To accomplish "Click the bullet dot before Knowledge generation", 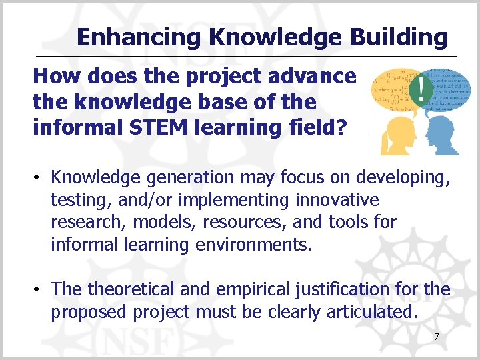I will point(39,177).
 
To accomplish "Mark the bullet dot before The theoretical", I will point(39,290).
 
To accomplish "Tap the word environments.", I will point(253,245).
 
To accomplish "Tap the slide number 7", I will point(437,337).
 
